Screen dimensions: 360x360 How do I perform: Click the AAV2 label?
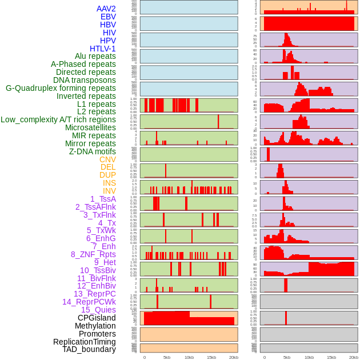pyautogui.click(x=106, y=9)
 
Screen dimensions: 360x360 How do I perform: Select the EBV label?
pyautogui.click(x=108, y=17)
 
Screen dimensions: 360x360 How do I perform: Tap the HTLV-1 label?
pyautogui.click(x=103, y=49)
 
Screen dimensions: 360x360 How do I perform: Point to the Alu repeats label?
pyautogui.click(x=95, y=56)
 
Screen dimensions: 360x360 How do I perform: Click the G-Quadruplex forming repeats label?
pyautogui.click(x=61, y=88)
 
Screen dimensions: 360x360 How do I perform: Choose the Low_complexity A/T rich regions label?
pyautogui.click(x=58, y=119)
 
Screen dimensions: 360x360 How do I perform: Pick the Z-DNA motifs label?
pyautogui.click(x=93, y=151)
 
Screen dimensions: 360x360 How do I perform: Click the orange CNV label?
pyautogui.click(x=107, y=159)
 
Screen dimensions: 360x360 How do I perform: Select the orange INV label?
pyautogui.click(x=109, y=191)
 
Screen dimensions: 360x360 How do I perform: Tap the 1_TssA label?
pyautogui.click(x=103, y=199)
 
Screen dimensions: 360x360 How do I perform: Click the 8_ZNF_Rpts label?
pyautogui.click(x=93, y=254)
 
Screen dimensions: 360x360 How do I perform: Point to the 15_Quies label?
pyautogui.click(x=98, y=310)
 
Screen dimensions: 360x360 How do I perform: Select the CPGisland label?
pyautogui.click(x=97, y=318)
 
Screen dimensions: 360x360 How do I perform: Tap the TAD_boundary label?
pyautogui.click(x=89, y=349)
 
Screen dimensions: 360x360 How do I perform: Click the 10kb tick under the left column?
pyautogui.click(x=189, y=357)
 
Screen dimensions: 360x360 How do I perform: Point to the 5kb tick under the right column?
pyautogui.click(x=287, y=357)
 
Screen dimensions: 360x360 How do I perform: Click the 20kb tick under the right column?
pyautogui.click(x=354, y=357)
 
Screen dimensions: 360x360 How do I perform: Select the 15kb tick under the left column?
pyautogui.click(x=211, y=357)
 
